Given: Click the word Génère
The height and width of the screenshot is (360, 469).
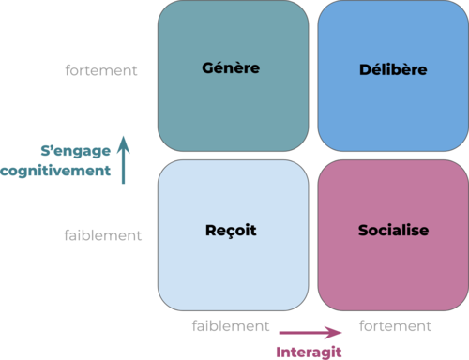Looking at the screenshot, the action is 231,68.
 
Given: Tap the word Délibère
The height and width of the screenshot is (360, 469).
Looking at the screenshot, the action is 393,69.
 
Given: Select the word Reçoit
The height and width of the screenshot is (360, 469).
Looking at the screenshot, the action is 231,230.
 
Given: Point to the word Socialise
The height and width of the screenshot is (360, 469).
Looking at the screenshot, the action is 393,230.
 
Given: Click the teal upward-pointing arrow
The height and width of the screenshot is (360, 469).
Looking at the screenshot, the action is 124,159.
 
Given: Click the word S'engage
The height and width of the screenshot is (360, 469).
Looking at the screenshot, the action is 74,151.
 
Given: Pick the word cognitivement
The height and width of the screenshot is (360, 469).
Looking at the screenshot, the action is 55,171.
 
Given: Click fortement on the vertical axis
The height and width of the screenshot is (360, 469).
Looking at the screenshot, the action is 101,70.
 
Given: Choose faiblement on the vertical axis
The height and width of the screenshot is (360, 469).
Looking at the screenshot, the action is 103,235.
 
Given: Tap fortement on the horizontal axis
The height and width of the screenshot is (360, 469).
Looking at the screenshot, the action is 395,326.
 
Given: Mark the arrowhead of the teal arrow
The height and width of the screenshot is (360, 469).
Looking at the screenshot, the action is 124,142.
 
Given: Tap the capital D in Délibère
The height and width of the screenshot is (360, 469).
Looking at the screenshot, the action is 365,69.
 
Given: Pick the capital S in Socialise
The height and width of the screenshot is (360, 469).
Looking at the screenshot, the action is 362,230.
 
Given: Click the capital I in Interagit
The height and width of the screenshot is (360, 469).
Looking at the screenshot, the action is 280,352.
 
